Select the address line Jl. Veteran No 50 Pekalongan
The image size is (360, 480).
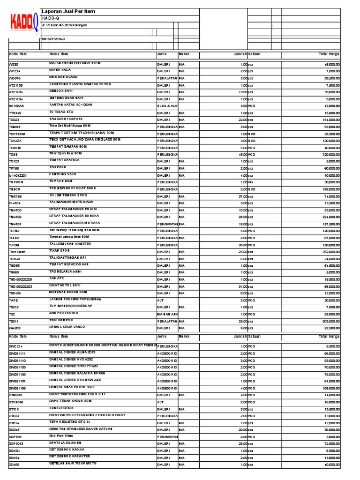point(64,25)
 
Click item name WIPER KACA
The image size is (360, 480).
point(60,69)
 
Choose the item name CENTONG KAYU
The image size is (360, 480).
point(64,174)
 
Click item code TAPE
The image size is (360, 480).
point(14,300)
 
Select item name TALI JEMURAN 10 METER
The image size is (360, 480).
point(70,244)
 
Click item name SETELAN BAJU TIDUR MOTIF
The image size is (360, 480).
point(74,464)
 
